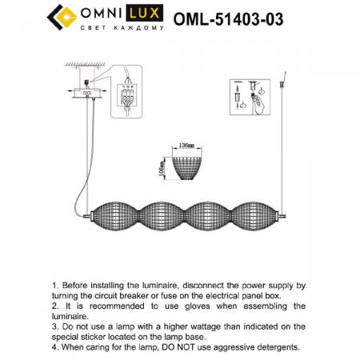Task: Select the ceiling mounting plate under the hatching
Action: tap(87, 86)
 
